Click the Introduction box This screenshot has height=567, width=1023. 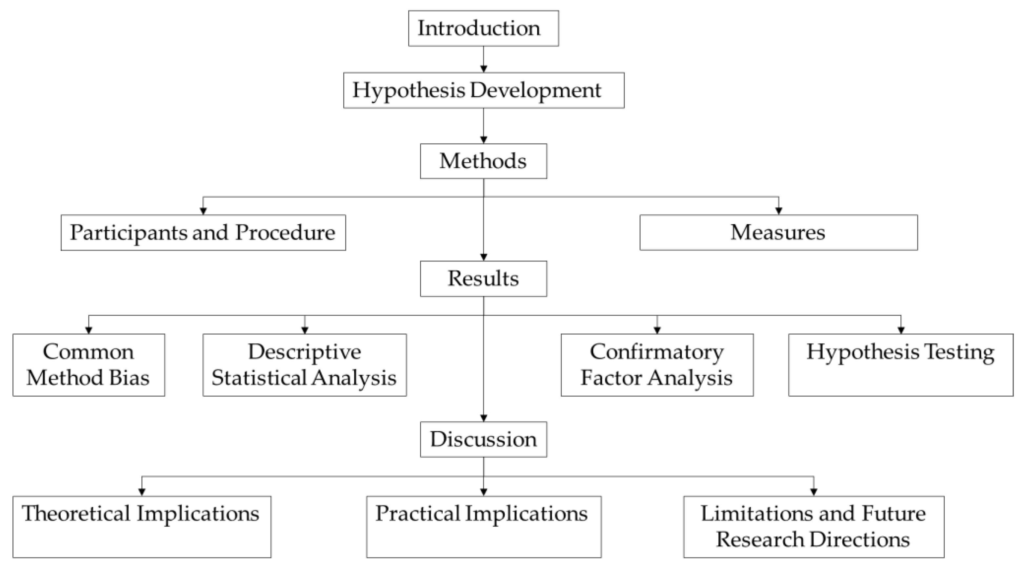[x=483, y=29]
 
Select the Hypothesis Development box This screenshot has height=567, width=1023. [x=483, y=90]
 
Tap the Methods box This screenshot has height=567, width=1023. [x=483, y=161]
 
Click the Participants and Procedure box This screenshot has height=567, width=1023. [x=203, y=232]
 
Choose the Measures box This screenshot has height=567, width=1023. [x=778, y=232]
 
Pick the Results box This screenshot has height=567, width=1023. [x=483, y=279]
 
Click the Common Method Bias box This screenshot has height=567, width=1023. [x=89, y=365]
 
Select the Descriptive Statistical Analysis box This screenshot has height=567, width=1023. [x=305, y=365]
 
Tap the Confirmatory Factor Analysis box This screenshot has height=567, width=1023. [x=657, y=365]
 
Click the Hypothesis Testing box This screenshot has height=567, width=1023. [x=901, y=365]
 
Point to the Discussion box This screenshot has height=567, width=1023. [x=483, y=439]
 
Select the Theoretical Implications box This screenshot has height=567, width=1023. [x=142, y=526]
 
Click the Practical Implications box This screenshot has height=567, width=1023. [x=483, y=526]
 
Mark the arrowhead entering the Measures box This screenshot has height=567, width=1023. [x=778, y=211]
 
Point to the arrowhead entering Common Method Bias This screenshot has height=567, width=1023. [x=89, y=330]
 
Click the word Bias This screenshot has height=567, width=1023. [x=129, y=377]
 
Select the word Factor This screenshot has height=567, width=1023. [x=611, y=377]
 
